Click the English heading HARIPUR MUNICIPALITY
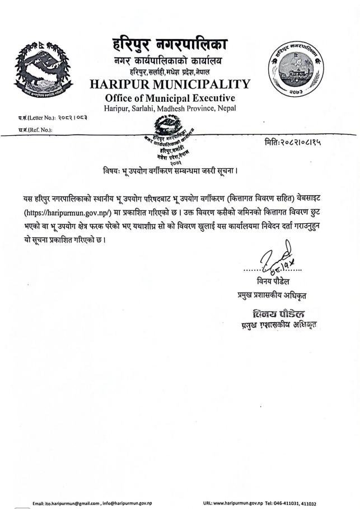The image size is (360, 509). pos(170,84)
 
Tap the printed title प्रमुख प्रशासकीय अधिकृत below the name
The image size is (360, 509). pos(274,294)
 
